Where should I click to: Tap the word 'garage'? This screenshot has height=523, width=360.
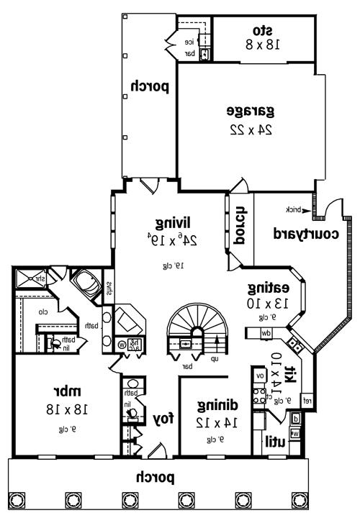(251, 111)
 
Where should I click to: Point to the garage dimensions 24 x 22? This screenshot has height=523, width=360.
(249, 131)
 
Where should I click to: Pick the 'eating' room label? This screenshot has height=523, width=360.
(267, 288)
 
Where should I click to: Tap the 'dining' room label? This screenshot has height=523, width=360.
(215, 404)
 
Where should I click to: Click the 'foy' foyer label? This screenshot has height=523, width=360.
(161, 418)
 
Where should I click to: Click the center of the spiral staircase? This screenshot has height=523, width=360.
(194, 329)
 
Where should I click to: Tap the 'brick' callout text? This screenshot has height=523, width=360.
(293, 209)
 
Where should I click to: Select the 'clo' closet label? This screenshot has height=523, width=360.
(43, 312)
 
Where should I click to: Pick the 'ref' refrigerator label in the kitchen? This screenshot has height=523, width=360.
(306, 400)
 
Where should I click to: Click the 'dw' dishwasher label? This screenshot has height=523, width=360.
(265, 332)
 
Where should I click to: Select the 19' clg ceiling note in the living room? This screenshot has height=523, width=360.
(174, 265)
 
